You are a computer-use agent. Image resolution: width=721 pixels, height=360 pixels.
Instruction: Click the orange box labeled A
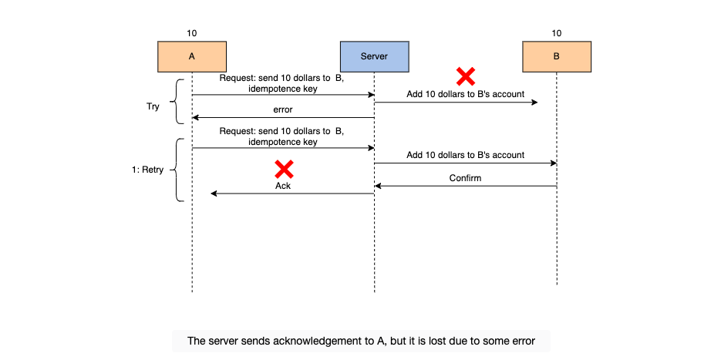192,56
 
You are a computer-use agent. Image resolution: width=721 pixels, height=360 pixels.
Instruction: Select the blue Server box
374,56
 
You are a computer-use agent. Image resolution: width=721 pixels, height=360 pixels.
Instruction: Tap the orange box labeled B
557,56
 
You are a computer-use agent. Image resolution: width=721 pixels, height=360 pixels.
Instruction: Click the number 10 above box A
192,33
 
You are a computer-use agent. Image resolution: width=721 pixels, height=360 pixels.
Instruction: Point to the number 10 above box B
557,33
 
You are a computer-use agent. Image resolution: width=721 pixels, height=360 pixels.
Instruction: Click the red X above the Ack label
285,169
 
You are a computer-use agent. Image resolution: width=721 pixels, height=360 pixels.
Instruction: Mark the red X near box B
465,76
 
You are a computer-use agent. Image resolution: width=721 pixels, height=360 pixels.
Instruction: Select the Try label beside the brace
153,106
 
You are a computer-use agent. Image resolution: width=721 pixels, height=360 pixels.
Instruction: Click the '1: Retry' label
147,170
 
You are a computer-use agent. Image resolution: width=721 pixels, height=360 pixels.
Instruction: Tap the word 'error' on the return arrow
283,110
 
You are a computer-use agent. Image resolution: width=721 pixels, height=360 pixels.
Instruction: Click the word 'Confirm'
466,178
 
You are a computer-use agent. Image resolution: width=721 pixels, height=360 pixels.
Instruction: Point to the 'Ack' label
283,187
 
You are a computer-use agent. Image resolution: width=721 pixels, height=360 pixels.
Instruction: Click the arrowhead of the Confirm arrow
378,187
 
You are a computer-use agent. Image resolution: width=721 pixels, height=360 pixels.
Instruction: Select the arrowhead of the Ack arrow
214,193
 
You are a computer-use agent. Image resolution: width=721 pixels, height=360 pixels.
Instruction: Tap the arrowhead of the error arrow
195,118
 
